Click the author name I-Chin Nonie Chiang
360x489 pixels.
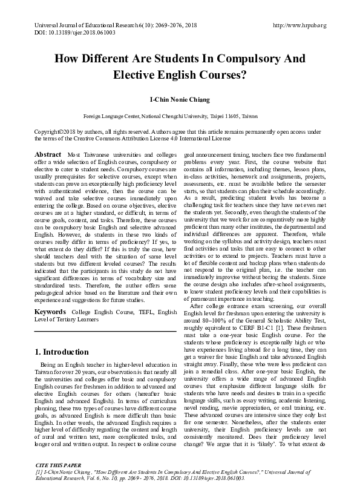tap(180, 98)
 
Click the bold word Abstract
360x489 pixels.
tap(48, 155)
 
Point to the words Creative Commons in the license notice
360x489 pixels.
tap(96, 137)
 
